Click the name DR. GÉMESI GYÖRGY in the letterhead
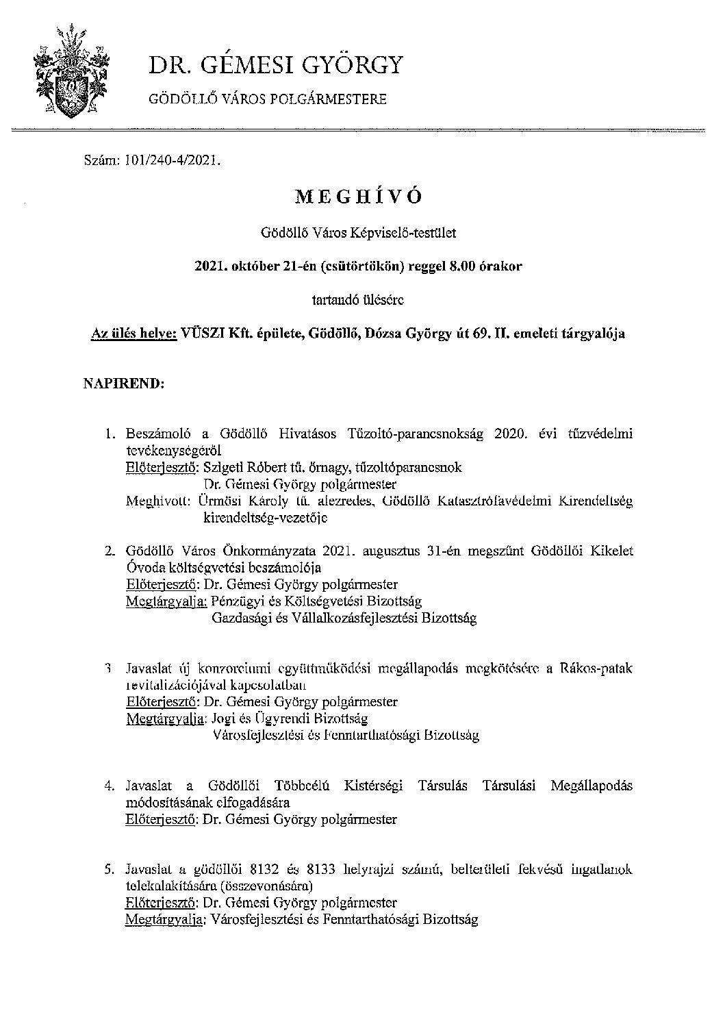pyautogui.click(x=276, y=66)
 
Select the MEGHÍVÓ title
pyautogui.click(x=358, y=197)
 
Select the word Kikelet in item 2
pyautogui.click(x=610, y=551)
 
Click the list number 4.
pyautogui.click(x=109, y=786)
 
